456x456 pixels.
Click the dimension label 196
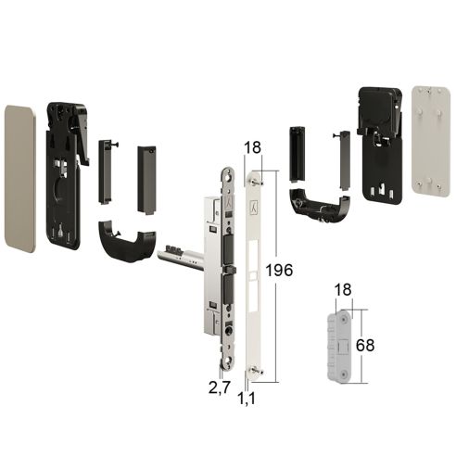[279, 271]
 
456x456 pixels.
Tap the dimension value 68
[365, 345]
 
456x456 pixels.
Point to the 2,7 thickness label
[220, 387]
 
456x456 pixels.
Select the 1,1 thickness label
[247, 399]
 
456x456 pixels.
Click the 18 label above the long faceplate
[253, 147]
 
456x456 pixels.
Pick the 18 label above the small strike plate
[343, 290]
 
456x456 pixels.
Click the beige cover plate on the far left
[20, 179]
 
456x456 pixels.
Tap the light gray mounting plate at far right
[431, 142]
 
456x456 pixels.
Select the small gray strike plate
[339, 346]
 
